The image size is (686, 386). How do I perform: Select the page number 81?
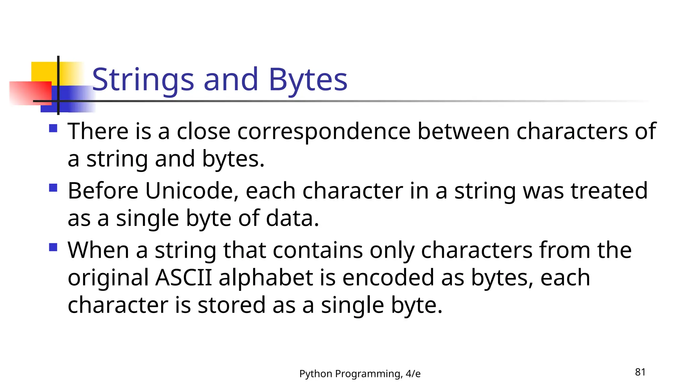point(640,372)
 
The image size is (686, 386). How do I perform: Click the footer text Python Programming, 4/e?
point(360,374)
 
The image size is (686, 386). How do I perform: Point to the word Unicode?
point(192,191)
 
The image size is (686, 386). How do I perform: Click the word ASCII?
point(184,277)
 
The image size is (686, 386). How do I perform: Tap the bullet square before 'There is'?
point(53,128)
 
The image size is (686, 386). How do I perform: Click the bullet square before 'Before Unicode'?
point(53,188)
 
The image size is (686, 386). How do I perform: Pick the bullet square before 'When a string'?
point(53,247)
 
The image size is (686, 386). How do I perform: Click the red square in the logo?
point(30,93)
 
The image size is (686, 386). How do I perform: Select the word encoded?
point(388,277)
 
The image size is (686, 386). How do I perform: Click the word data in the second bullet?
point(292,218)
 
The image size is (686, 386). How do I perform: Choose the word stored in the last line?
point(231,305)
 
